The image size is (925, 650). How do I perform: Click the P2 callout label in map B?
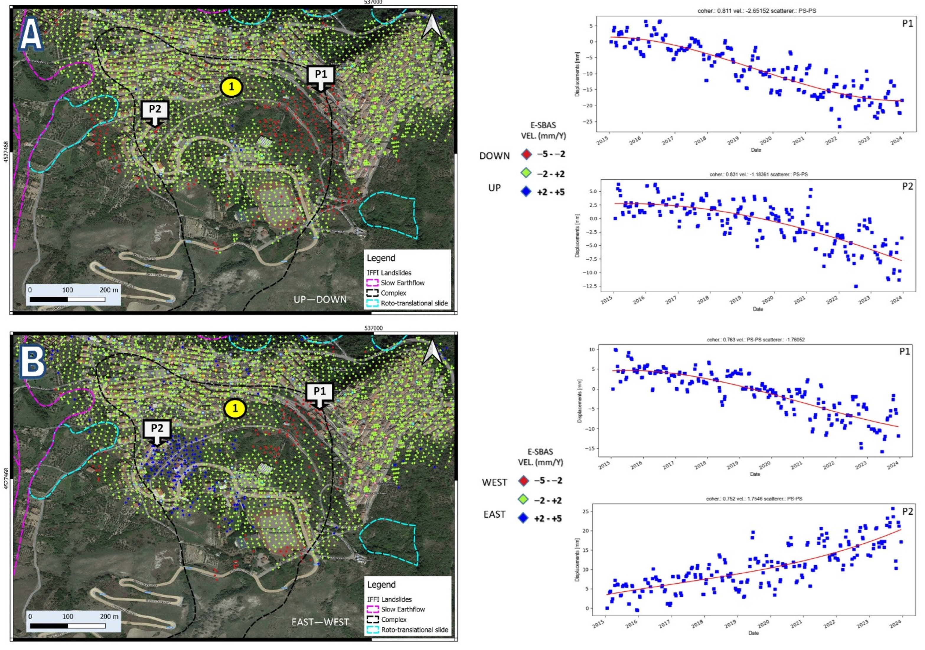coord(157,429)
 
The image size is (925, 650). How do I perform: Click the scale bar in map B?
coord(68,625)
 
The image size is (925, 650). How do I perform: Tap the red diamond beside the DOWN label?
coord(526,154)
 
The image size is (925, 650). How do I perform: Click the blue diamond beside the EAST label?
coord(523,518)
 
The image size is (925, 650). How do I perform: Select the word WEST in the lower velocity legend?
coord(494,482)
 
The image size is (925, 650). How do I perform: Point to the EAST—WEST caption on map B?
coord(320,622)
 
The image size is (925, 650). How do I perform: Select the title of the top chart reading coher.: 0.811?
coord(757,11)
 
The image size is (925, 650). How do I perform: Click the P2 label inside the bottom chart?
coord(907,512)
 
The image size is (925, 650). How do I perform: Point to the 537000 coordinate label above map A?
coord(373,2)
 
